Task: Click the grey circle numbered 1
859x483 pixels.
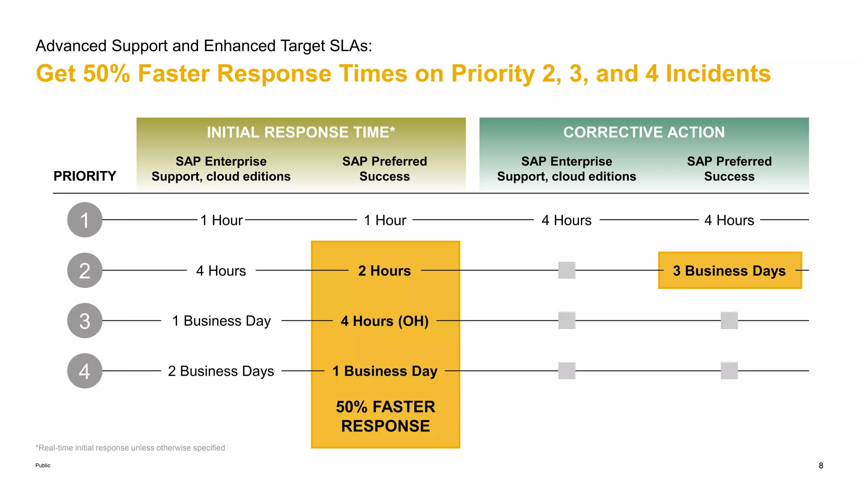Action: tap(85, 220)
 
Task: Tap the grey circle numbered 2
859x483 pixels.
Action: tap(85, 270)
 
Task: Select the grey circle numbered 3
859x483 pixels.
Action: tap(85, 321)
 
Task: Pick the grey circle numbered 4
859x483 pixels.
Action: tap(85, 371)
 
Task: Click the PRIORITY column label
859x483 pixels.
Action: tap(85, 176)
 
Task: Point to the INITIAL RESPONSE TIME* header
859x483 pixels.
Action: tap(301, 132)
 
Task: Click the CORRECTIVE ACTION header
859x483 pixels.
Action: tap(644, 132)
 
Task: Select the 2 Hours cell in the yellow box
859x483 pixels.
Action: tap(385, 271)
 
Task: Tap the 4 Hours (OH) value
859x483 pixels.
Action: tap(385, 321)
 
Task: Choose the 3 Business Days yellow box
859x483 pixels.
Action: tap(729, 271)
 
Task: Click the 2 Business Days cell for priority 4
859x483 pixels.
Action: tap(221, 371)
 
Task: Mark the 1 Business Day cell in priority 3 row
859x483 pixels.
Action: tap(221, 321)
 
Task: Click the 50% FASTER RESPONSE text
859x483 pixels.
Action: tap(385, 416)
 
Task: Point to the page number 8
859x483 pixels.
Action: tap(821, 465)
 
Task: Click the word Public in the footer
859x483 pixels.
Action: tap(43, 465)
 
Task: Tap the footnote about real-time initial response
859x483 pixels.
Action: tap(130, 448)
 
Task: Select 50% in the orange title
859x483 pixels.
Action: tap(107, 74)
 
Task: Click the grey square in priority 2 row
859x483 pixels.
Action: tap(567, 270)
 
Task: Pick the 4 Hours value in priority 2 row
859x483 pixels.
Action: tap(221, 271)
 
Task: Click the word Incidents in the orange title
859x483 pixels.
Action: tap(718, 74)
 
